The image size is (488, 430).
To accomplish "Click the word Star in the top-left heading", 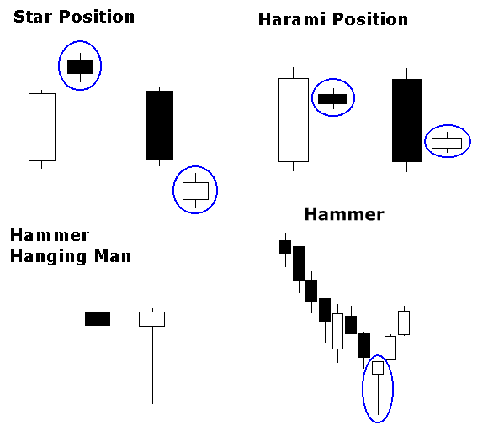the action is coord(33,17).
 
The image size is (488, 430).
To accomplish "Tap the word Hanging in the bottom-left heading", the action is coord(48,257).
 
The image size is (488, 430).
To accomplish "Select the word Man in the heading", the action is coord(113,256).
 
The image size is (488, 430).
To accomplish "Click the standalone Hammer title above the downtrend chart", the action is coord(344,214).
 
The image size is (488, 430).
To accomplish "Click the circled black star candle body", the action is coord(80,66).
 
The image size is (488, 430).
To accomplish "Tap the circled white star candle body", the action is coord(195,191).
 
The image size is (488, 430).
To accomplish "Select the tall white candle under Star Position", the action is coord(42,127).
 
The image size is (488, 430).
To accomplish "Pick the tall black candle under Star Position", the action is coord(160,125).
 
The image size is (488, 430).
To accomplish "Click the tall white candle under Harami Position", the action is coord(294,120).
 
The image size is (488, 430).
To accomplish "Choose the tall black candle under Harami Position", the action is coord(407,120).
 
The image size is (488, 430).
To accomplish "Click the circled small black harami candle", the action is coord(332,99).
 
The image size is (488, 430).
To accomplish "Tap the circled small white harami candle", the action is coord(447,144).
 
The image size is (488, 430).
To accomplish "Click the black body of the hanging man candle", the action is coord(98,319).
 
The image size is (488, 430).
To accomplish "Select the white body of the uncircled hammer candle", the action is coord(152,319).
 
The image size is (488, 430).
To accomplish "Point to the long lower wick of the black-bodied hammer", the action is coord(98,364).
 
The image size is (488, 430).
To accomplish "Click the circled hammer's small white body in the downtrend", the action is coord(378,368).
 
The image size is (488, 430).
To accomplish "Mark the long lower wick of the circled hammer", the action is coord(378,395).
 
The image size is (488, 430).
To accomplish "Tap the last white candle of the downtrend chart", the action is coord(404,322).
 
